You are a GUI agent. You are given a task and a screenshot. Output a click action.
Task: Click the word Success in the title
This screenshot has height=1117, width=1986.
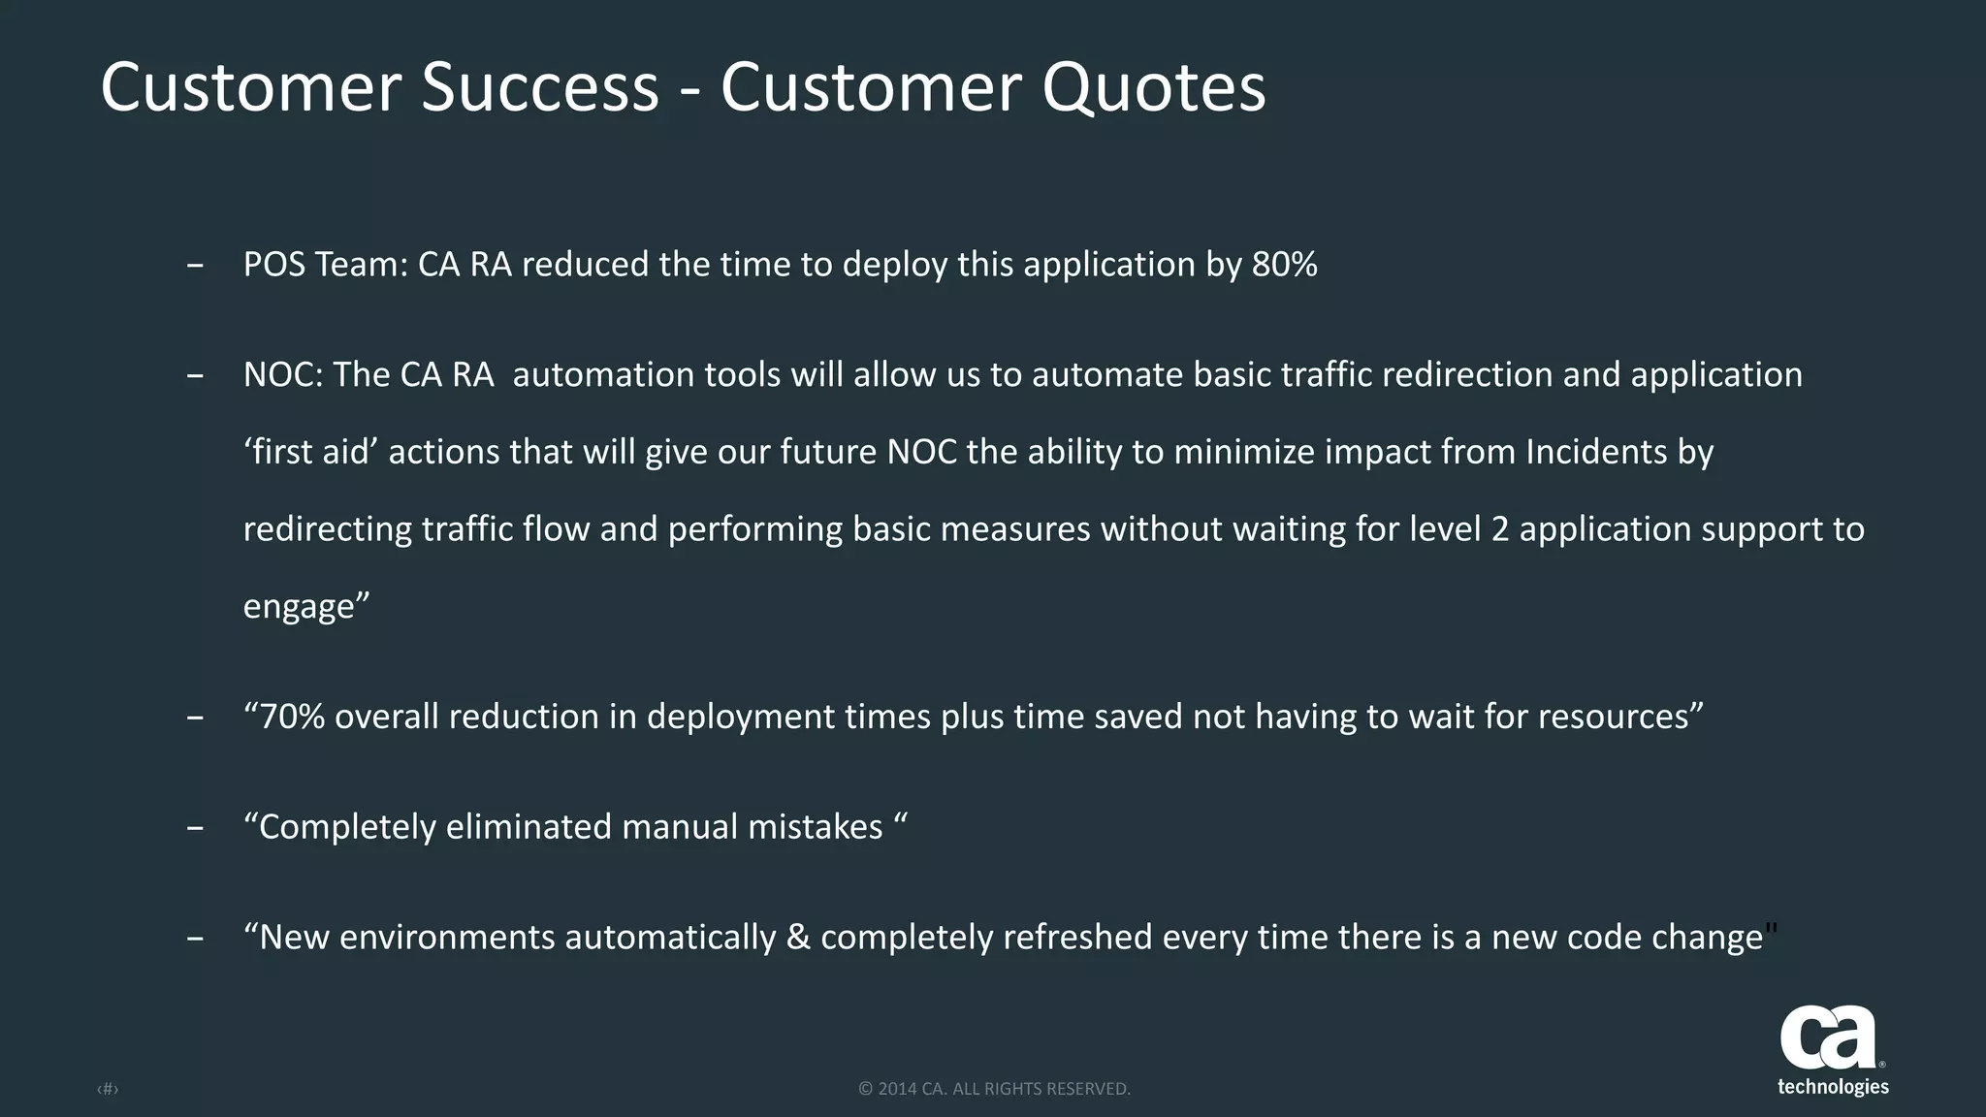tap(540, 87)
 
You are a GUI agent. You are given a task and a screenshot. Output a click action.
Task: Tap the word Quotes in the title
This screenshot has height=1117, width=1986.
tap(1154, 87)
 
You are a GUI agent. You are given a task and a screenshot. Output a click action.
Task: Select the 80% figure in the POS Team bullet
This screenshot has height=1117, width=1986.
tap(1284, 265)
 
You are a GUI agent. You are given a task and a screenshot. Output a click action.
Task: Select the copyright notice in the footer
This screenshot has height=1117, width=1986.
tap(994, 1089)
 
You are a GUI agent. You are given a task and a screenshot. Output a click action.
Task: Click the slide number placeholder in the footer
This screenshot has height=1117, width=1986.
tap(108, 1090)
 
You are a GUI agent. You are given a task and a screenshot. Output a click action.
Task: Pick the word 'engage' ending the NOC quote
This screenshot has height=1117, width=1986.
tap(300, 607)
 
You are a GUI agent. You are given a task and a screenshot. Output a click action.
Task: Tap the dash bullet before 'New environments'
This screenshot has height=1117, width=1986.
tap(195, 939)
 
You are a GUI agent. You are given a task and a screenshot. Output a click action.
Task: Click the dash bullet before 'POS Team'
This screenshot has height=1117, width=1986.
tap(195, 266)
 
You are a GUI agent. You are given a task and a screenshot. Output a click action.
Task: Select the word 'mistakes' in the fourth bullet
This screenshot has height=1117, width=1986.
tap(815, 827)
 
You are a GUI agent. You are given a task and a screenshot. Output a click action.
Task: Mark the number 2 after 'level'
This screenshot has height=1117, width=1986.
tap(1500, 529)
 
